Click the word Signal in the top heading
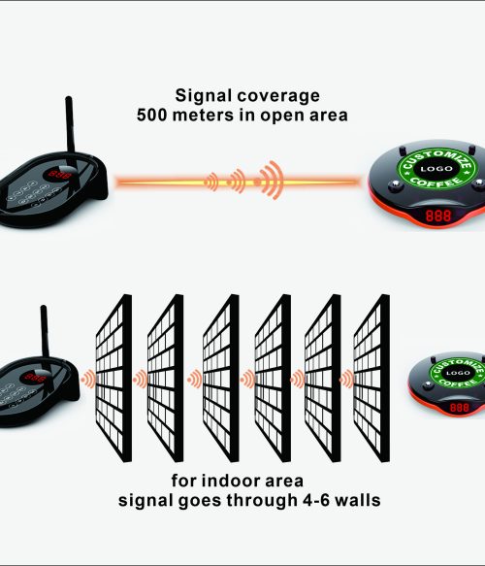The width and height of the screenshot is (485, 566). [203, 96]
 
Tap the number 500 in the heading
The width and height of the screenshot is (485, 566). [152, 116]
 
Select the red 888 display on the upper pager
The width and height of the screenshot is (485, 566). [438, 216]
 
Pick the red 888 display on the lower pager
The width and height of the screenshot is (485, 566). [460, 408]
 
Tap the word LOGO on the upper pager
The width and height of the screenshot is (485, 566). [436, 169]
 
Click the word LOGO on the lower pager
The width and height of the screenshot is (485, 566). [458, 373]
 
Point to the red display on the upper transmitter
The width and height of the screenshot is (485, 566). [60, 175]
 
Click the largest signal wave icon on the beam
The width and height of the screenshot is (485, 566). [269, 181]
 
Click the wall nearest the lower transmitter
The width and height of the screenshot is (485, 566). [113, 378]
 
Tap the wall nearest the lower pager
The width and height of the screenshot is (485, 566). [372, 378]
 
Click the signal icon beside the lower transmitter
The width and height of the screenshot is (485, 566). [88, 379]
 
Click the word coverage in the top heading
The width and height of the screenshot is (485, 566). [278, 97]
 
